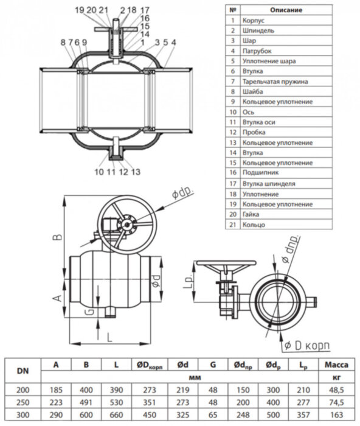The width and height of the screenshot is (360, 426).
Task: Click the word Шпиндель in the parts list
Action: pyautogui.click(x=258, y=30)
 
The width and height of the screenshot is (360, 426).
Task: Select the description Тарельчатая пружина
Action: pyautogui.click(x=275, y=82)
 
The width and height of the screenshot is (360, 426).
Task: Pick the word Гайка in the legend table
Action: pyautogui.click(x=251, y=214)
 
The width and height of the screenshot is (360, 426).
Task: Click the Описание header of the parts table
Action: pyautogui.click(x=286, y=10)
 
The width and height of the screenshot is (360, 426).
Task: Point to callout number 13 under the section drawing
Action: pyautogui.click(x=136, y=172)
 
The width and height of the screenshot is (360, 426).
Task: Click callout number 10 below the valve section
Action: pyautogui.click(x=99, y=172)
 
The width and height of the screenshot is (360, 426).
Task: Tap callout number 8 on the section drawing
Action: pyautogui.click(x=63, y=42)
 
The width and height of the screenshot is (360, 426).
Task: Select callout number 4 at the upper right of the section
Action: pyautogui.click(x=173, y=42)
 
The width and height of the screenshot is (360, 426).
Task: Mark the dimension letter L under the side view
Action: pyautogui.click(x=109, y=337)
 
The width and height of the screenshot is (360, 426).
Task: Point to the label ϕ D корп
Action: pyautogui.click(x=307, y=346)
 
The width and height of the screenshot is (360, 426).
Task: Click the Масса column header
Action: pyautogui.click(x=336, y=365)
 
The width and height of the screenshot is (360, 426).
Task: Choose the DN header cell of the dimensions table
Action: pyautogui.click(x=23, y=371)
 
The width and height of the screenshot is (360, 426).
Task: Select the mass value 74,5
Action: pyautogui.click(x=336, y=402)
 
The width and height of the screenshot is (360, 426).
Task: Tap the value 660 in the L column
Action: pyautogui.click(x=116, y=415)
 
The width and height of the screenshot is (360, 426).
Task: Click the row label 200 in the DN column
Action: pyautogui.click(x=23, y=390)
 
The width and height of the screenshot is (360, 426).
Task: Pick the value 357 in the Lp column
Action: pyautogui.click(x=303, y=415)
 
